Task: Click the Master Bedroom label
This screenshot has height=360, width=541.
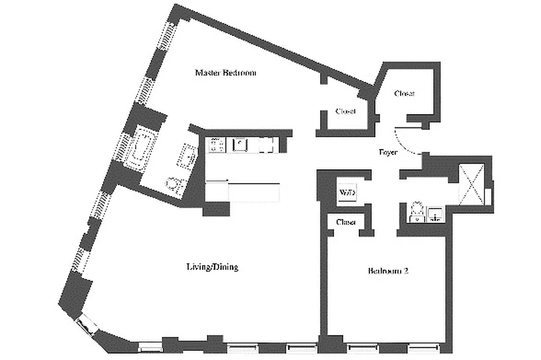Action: click(225, 72)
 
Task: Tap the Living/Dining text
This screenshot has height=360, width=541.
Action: click(212, 267)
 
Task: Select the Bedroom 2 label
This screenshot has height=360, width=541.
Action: click(388, 271)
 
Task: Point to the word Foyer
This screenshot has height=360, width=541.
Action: click(388, 153)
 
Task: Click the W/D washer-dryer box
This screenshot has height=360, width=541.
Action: click(347, 193)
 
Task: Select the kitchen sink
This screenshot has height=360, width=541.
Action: click(241, 144)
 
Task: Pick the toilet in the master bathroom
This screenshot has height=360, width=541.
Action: click(173, 185)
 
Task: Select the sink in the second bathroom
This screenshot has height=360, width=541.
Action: click(435, 214)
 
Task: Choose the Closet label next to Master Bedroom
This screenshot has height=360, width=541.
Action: click(345, 111)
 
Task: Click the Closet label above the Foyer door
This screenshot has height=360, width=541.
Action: click(404, 94)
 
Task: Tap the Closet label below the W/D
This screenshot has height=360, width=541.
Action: click(346, 222)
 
